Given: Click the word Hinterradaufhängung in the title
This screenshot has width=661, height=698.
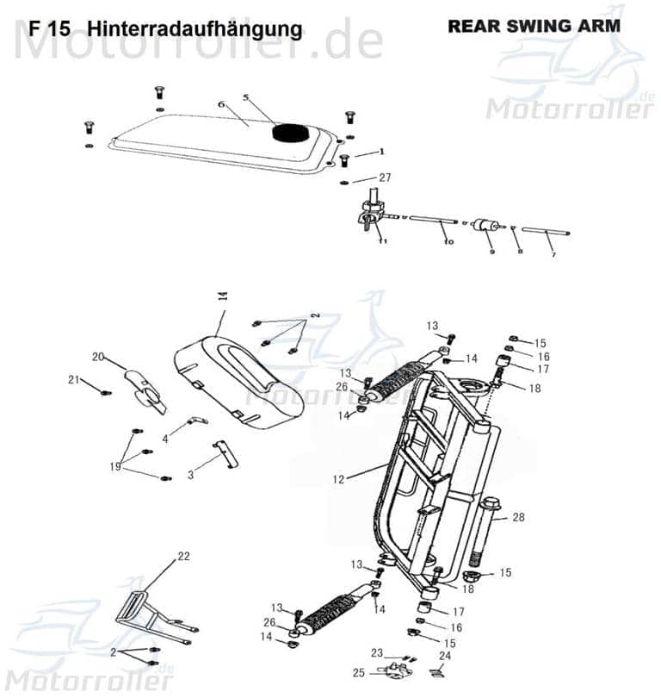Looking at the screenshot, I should pos(195,29).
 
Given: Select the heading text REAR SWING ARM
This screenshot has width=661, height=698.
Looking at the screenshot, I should pos(533,26).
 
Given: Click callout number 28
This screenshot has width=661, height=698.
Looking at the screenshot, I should pos(518,517).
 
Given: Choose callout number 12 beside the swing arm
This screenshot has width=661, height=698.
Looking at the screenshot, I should pos(338,477).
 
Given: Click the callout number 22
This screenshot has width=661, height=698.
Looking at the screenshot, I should pos(182,557).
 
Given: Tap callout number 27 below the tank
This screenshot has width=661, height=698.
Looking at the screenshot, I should pos(385,178).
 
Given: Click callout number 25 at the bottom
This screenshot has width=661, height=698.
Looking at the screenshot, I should pos(359,672).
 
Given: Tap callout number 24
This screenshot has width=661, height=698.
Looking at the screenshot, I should pos(444,656).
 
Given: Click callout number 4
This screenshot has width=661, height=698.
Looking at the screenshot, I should pos(165,439).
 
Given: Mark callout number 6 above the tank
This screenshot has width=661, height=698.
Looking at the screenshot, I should pos(220,104).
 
